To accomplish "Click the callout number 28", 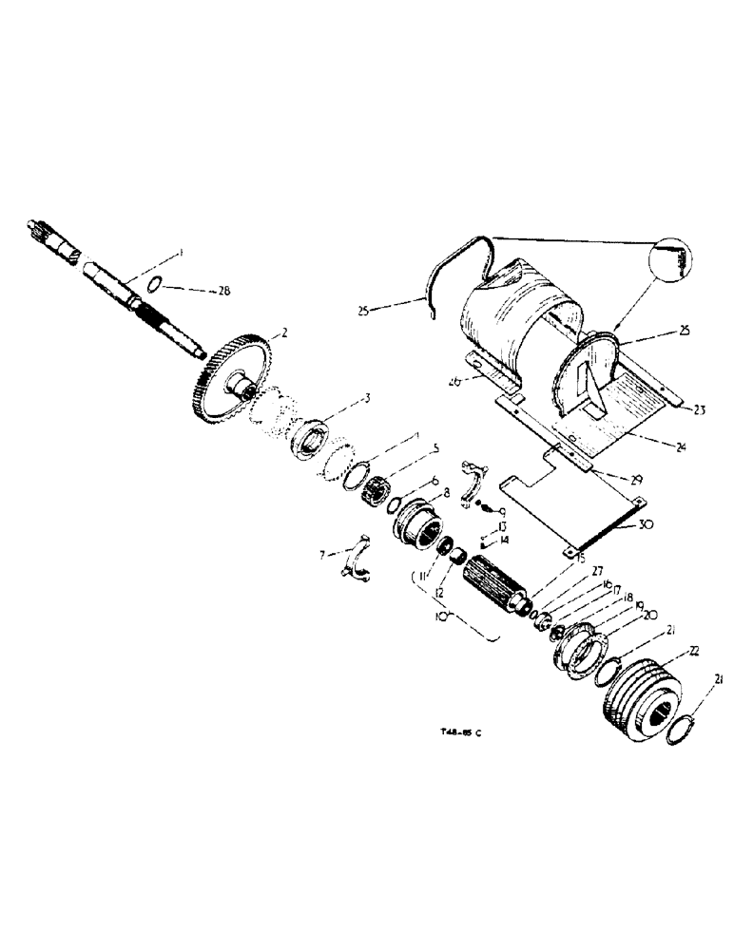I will (223, 291).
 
